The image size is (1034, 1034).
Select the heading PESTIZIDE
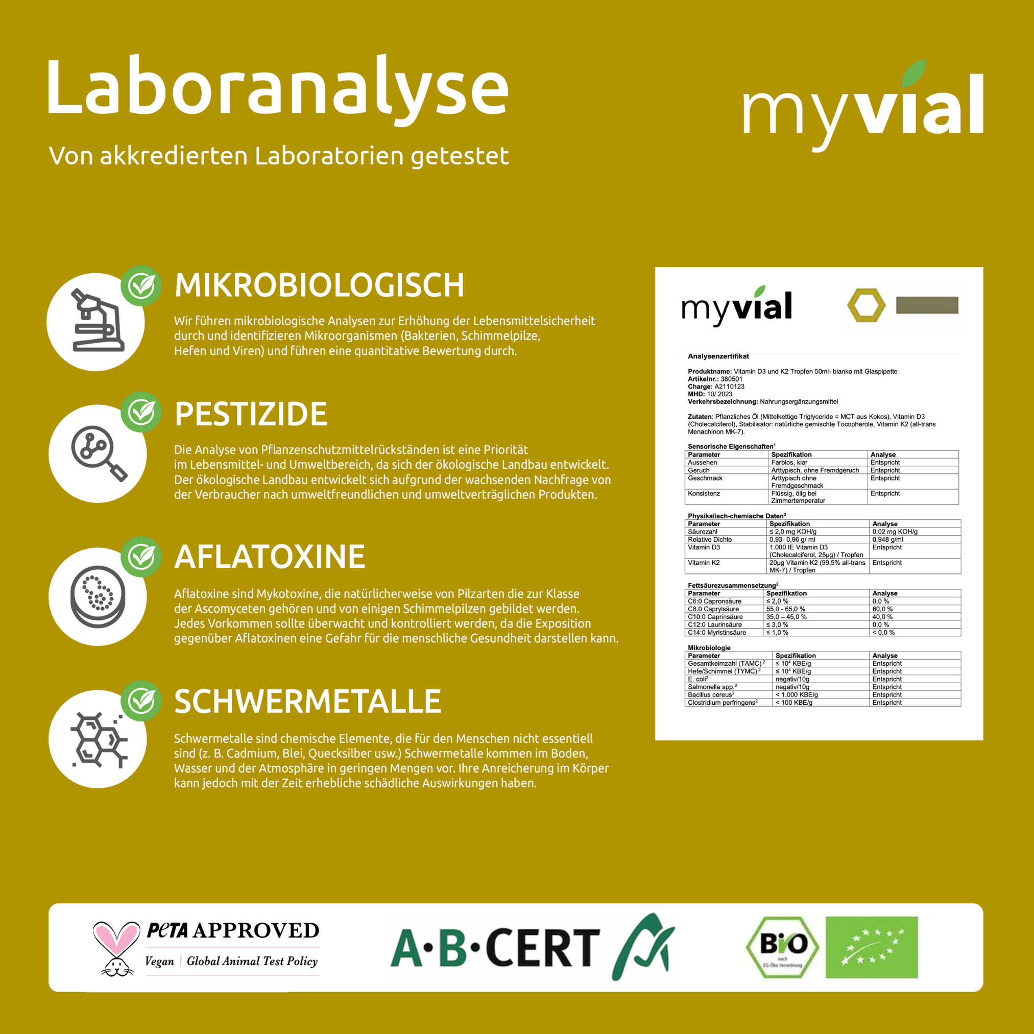pyautogui.click(x=251, y=414)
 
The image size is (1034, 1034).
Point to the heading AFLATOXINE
pyautogui.click(x=270, y=557)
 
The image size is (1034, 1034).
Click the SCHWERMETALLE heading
pyautogui.click(x=308, y=701)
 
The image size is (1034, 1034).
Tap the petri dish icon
pyautogui.click(x=98, y=596)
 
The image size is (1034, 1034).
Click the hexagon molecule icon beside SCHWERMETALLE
pyautogui.click(x=98, y=739)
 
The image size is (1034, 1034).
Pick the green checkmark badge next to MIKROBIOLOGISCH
pyautogui.click(x=141, y=286)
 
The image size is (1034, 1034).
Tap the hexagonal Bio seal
pyautogui.click(x=782, y=948)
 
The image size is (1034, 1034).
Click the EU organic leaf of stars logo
pyautogui.click(x=871, y=948)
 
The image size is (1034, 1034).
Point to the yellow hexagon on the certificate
pyautogui.click(x=866, y=305)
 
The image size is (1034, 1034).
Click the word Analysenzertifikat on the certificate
pyautogui.click(x=718, y=356)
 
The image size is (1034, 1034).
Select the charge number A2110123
pyautogui.click(x=730, y=387)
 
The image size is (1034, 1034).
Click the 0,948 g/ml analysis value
pyautogui.click(x=887, y=540)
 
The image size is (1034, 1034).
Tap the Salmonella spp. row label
pyautogui.click(x=712, y=687)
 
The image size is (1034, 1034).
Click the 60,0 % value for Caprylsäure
pyautogui.click(x=882, y=609)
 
